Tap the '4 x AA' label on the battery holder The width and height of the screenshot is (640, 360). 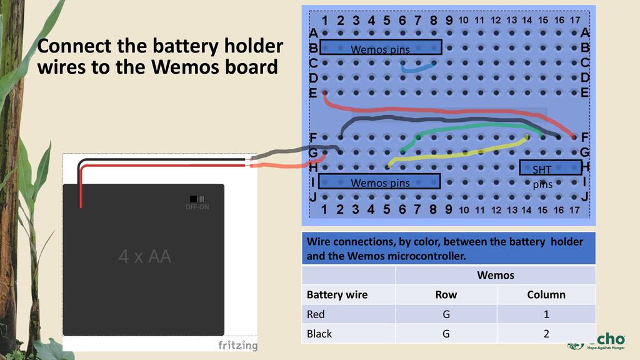click(x=145, y=256)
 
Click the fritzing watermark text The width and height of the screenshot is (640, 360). click(x=237, y=346)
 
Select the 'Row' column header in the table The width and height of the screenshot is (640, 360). click(x=446, y=294)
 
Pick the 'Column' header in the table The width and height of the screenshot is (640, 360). click(x=546, y=294)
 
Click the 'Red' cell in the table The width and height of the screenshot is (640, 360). click(x=316, y=314)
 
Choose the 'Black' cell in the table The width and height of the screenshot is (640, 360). click(x=319, y=334)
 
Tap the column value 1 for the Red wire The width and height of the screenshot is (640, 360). click(x=546, y=314)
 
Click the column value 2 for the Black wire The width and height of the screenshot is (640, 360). click(x=546, y=334)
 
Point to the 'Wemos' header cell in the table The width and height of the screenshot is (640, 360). click(x=495, y=275)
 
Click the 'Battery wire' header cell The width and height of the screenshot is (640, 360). click(x=337, y=294)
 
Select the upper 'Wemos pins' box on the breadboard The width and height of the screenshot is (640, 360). click(x=381, y=47)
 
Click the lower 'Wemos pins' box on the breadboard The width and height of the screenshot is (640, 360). click(x=379, y=182)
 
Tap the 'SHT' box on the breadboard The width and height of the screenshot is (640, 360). click(x=550, y=167)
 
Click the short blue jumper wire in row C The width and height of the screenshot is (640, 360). click(x=418, y=67)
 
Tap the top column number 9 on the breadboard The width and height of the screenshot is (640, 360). click(x=449, y=20)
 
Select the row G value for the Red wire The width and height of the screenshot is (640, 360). click(x=446, y=314)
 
